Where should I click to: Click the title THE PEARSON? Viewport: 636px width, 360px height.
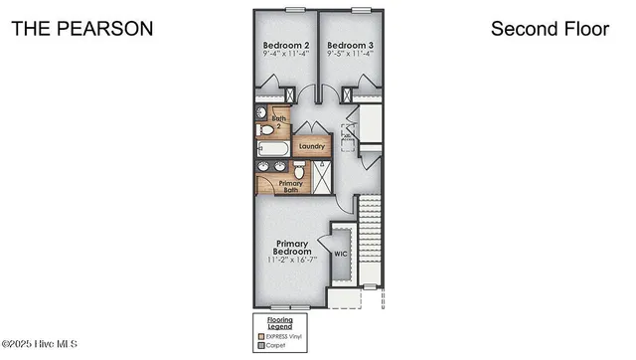pos(81,29)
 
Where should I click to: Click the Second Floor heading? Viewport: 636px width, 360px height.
pos(550,29)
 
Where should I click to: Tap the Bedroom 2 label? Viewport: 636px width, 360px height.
pos(285,46)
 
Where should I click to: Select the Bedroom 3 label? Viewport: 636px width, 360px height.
pos(350,46)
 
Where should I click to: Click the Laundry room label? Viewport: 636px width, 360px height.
pos(311,146)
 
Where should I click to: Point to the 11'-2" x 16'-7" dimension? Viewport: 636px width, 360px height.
pos(293,261)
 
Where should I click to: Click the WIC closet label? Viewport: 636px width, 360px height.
pos(340,254)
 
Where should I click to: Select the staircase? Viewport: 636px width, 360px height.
pos(370,239)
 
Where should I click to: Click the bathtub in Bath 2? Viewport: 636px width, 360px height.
pos(271,149)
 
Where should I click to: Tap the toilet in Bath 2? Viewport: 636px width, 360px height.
pos(265,129)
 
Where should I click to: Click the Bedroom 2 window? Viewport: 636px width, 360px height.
pos(294,9)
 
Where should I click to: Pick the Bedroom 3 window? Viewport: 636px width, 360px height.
pos(363,9)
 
